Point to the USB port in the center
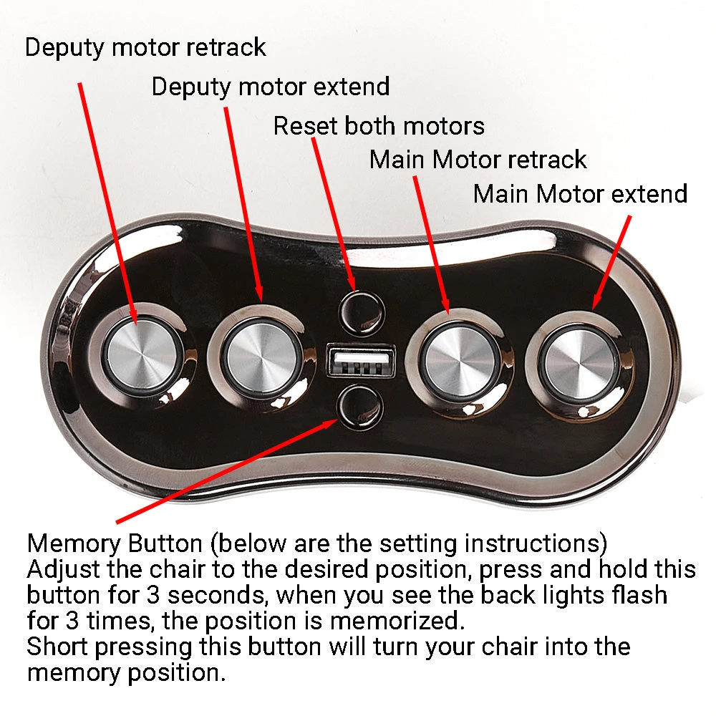tap(360, 360)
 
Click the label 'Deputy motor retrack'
tap(145, 48)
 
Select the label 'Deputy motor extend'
tap(271, 87)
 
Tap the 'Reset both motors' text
tap(379, 126)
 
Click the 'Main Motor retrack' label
tap(478, 159)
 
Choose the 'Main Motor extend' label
tap(580, 193)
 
